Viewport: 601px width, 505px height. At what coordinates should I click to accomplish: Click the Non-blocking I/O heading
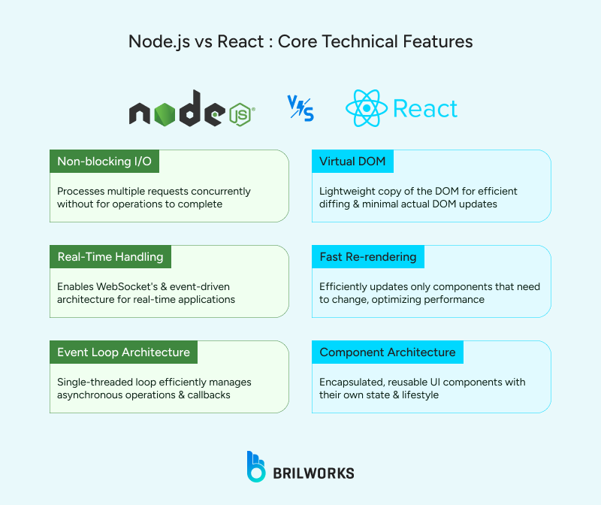(104, 162)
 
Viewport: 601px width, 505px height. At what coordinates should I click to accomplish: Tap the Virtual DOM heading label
(352, 162)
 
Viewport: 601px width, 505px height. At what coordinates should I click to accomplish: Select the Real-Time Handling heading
(110, 257)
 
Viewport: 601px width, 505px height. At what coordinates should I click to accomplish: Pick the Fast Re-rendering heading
(368, 257)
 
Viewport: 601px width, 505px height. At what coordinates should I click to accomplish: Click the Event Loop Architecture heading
(124, 352)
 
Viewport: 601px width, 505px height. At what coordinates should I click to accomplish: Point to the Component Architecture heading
(388, 352)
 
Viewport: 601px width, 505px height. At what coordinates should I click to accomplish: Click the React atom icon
(366, 109)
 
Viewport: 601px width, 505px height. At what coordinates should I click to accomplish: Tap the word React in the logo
(425, 109)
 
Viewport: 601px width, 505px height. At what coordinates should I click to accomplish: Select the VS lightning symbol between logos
(300, 109)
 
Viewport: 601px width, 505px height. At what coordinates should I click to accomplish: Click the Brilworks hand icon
(257, 467)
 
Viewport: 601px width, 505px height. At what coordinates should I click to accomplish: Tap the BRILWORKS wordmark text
(314, 473)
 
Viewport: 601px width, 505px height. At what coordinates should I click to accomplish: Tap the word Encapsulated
(353, 383)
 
